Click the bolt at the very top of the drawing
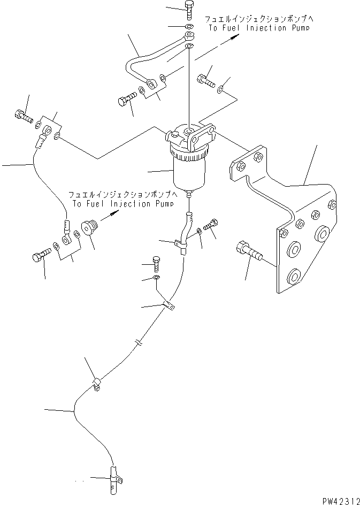[189, 10]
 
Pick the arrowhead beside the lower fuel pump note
[114, 213]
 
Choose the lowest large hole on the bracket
[293, 276]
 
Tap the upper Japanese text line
[258, 19]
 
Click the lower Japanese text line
[122, 195]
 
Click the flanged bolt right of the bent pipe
[205, 80]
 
